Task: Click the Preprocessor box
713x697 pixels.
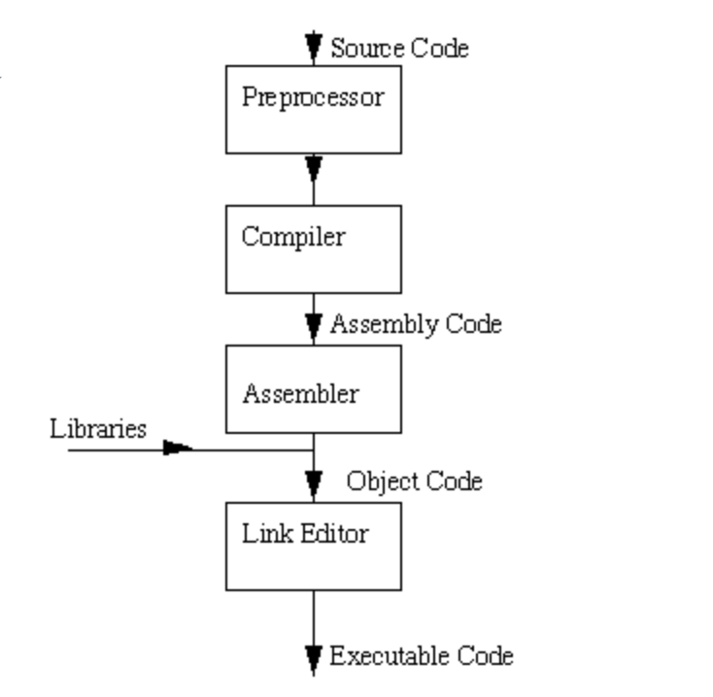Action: pyautogui.click(x=313, y=109)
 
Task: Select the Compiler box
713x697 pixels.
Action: pyautogui.click(x=313, y=249)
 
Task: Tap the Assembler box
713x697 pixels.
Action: pyautogui.click(x=313, y=389)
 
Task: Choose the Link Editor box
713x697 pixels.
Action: pyautogui.click(x=313, y=546)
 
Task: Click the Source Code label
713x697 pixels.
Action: pyautogui.click(x=399, y=48)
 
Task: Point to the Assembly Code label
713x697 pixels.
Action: pyautogui.click(x=416, y=324)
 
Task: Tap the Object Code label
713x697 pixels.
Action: pyautogui.click(x=415, y=481)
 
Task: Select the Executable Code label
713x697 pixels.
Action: pyautogui.click(x=422, y=655)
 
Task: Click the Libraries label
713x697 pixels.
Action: pyautogui.click(x=98, y=428)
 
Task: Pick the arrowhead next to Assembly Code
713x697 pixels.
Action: pyautogui.click(x=313, y=325)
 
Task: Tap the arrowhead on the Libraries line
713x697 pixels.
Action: pyautogui.click(x=178, y=448)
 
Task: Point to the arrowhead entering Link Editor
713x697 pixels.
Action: pyautogui.click(x=313, y=482)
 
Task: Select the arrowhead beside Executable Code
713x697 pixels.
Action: pyautogui.click(x=313, y=658)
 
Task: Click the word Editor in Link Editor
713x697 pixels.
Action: pyautogui.click(x=334, y=533)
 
